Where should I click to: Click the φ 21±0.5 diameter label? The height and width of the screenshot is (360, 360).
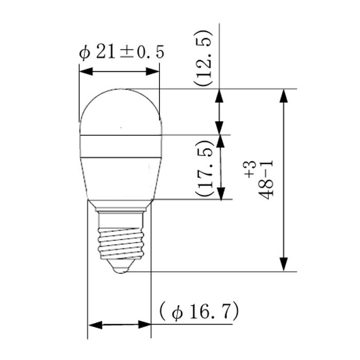click(118, 53)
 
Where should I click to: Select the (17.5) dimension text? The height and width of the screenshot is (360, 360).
click(205, 167)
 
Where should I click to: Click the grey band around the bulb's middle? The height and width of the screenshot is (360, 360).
click(121, 146)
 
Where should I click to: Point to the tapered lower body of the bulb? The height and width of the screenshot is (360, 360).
click(121, 177)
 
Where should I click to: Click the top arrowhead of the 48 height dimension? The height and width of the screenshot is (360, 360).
click(283, 95)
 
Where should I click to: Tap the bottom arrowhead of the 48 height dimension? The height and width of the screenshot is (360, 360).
click(283, 264)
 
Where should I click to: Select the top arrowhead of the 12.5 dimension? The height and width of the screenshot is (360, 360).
click(220, 95)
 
